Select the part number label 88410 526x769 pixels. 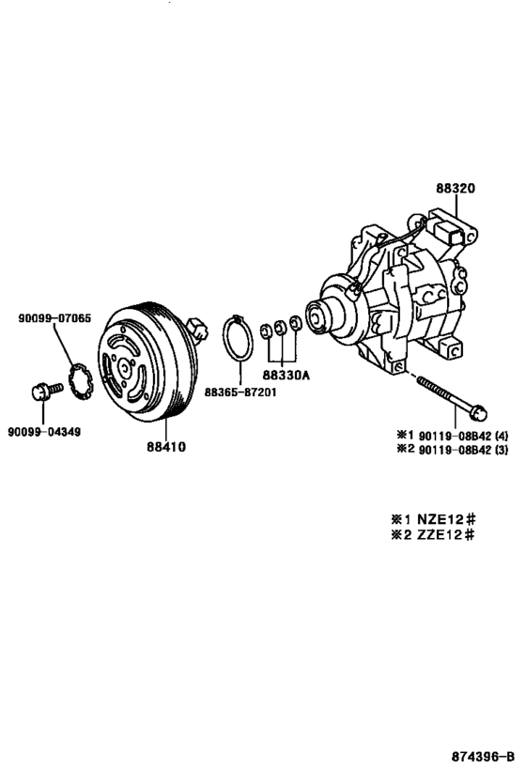click(x=165, y=447)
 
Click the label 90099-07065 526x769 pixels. click(x=54, y=318)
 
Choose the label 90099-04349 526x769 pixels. click(x=43, y=431)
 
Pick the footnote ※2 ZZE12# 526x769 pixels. click(x=433, y=534)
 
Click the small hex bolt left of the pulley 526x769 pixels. click(x=43, y=392)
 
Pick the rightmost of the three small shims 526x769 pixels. click(x=296, y=324)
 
